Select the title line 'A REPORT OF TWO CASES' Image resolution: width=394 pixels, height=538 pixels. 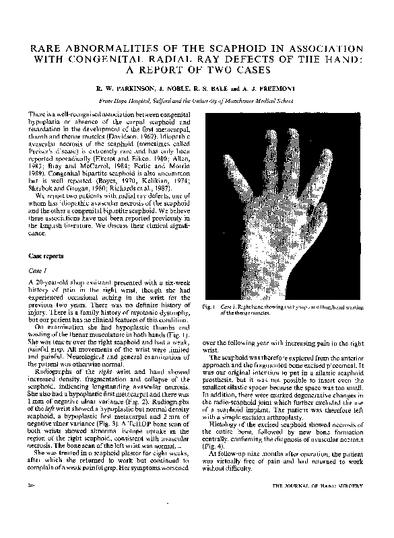197,69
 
